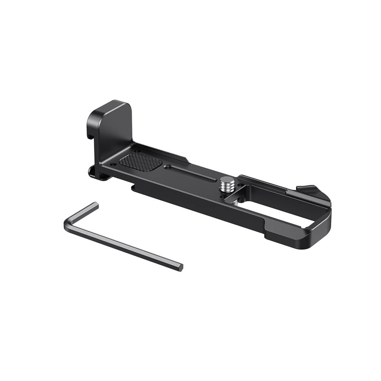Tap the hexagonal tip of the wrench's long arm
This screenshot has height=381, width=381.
coord(180,267)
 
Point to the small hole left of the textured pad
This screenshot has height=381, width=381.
coord(114,164)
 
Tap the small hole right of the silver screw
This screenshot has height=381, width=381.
coord(241,186)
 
